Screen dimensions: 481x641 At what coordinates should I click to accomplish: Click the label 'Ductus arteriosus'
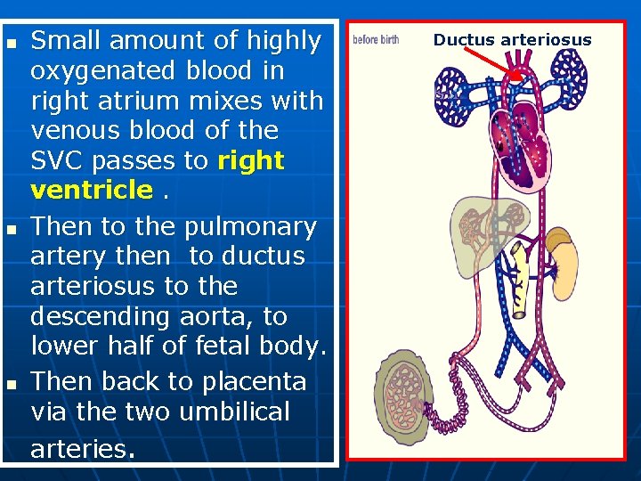click(512, 40)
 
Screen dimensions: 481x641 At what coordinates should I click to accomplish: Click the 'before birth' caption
click(376, 39)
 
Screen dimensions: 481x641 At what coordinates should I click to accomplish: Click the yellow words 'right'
click(250, 161)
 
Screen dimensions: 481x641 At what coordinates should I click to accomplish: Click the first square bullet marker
click(10, 42)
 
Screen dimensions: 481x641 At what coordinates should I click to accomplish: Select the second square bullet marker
click(10, 229)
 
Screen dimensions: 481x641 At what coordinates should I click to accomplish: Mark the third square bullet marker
click(10, 383)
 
